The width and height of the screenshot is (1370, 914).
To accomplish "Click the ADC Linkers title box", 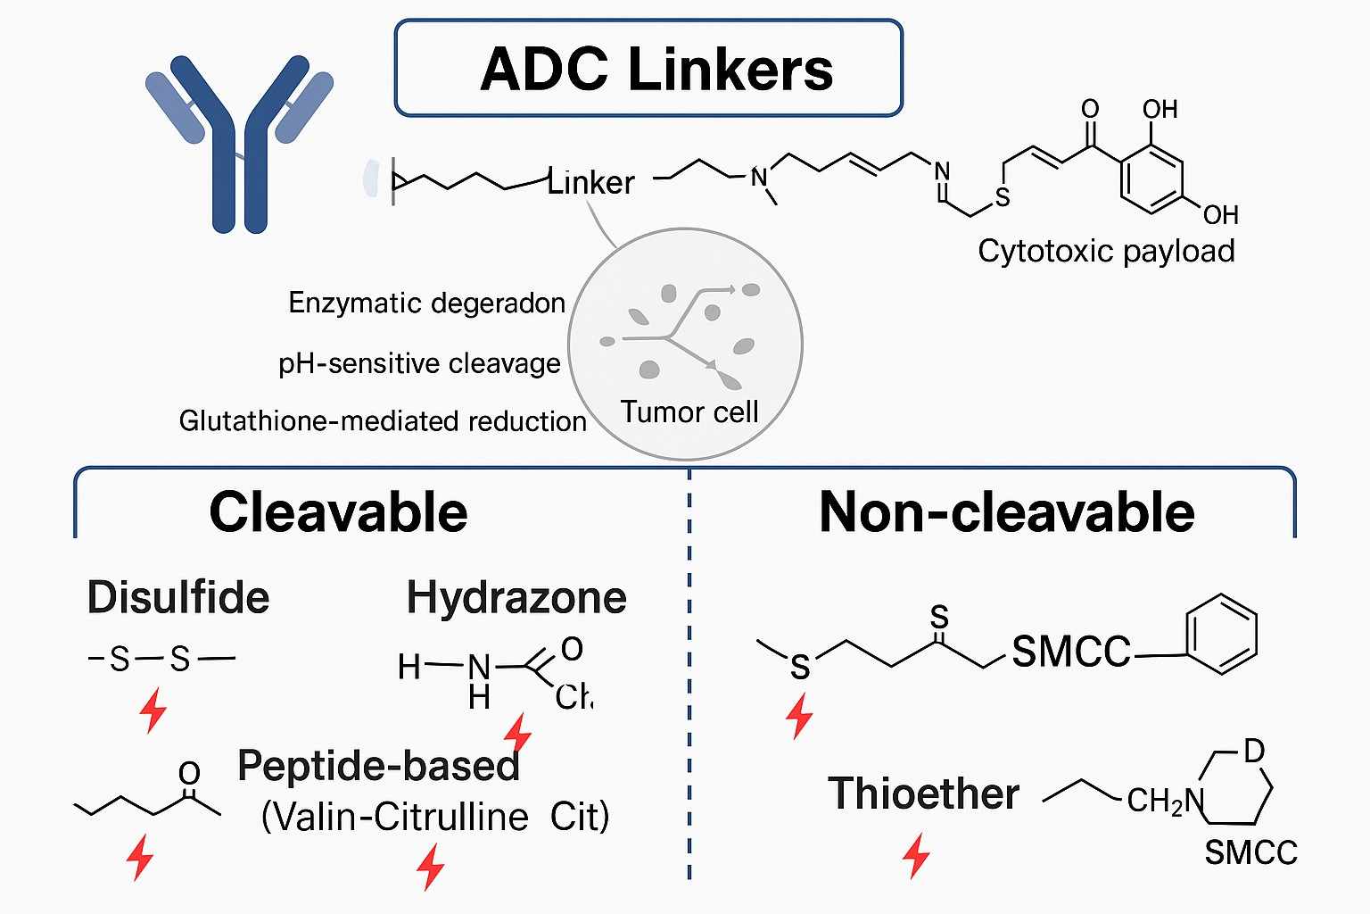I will [x=648, y=69].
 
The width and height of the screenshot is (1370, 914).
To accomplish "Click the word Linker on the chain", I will [x=590, y=182].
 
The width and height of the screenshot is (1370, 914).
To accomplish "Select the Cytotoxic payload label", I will [x=1106, y=251].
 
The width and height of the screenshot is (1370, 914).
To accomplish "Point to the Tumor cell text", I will [x=689, y=411].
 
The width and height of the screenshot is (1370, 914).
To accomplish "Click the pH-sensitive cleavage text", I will [x=419, y=363].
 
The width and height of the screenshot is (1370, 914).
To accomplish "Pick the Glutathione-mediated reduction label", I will [x=383, y=420].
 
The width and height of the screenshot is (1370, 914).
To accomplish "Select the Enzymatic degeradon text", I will [x=426, y=303].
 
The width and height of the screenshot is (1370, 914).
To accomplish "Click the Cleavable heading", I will [x=338, y=512].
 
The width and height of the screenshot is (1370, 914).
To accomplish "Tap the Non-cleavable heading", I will [x=1006, y=512].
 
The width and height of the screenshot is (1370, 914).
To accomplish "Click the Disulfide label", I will [x=178, y=597].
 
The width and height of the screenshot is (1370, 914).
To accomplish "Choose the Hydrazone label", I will [x=516, y=597].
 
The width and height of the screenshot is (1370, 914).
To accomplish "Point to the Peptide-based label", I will [x=378, y=766].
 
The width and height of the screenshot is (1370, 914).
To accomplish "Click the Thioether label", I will [x=923, y=794].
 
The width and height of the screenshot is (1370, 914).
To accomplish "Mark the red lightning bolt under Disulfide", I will [x=153, y=710].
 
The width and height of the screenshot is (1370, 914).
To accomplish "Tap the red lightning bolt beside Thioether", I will [x=916, y=855].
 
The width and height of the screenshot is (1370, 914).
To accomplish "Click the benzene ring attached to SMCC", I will [x=1221, y=636].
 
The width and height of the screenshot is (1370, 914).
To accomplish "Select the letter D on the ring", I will [x=1254, y=752].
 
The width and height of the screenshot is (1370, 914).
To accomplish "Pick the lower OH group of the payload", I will [x=1220, y=215].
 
